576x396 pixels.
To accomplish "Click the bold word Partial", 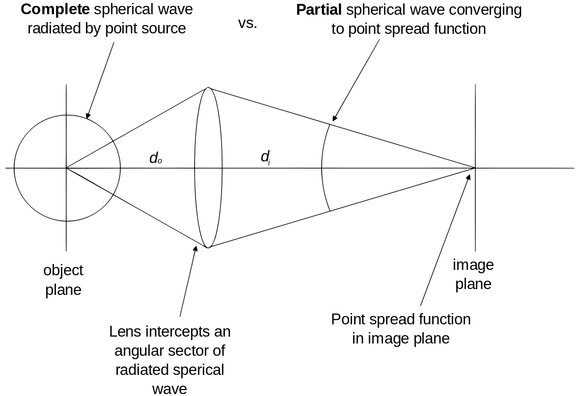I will point(319,10).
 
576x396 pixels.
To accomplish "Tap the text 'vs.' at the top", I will point(247,24).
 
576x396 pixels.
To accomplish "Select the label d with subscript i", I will point(265,157).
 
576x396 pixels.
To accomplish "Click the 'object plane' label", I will point(63,280).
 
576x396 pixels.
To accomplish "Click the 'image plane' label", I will point(473,275).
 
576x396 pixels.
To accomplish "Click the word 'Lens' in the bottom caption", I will point(126,332).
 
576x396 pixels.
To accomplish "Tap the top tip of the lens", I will point(209,88).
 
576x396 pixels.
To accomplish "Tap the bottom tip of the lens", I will point(208,248).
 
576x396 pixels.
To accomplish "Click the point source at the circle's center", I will point(66,168).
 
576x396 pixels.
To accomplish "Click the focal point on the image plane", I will point(475,168).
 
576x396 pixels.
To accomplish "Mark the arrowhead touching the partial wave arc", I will point(333,119).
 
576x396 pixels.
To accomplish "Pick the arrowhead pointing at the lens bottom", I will point(196,247).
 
